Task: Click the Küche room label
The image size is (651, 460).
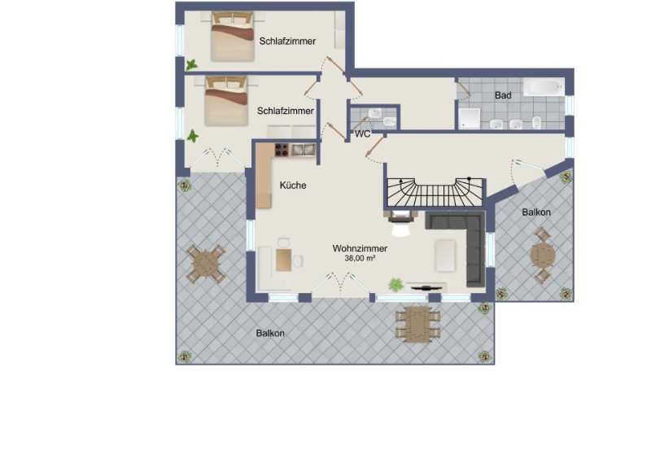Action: (293, 186)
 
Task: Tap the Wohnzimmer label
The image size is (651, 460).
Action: (360, 248)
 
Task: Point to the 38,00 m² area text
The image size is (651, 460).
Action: (360, 258)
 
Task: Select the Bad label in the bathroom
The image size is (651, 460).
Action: (503, 95)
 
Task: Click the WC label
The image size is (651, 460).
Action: (362, 134)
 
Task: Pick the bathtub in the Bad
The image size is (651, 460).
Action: (544, 87)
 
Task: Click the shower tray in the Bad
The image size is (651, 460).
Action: (470, 119)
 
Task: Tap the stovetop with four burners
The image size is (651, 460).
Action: (282, 150)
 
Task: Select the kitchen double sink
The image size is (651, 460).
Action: (303, 150)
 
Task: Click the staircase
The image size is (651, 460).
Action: (435, 192)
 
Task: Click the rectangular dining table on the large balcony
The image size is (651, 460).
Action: (417, 325)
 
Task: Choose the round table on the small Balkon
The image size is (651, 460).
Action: (543, 255)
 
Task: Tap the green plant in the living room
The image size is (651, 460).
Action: (396, 285)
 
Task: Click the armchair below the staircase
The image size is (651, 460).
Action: (400, 222)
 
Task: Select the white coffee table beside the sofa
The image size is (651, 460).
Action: (445, 256)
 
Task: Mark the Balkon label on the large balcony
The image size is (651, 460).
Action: (270, 333)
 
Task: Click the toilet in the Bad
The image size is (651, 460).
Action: (537, 122)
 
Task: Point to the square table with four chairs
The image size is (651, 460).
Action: (205, 264)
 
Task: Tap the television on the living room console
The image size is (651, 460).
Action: (426, 287)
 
